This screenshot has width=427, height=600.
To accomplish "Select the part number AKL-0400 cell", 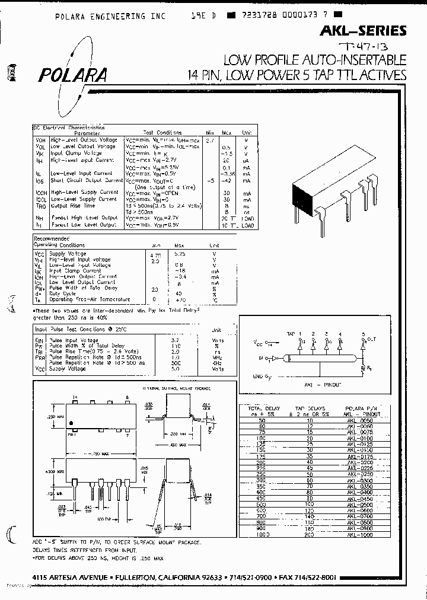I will coord(359,492).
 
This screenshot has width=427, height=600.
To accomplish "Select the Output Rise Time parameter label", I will coord(72,206).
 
